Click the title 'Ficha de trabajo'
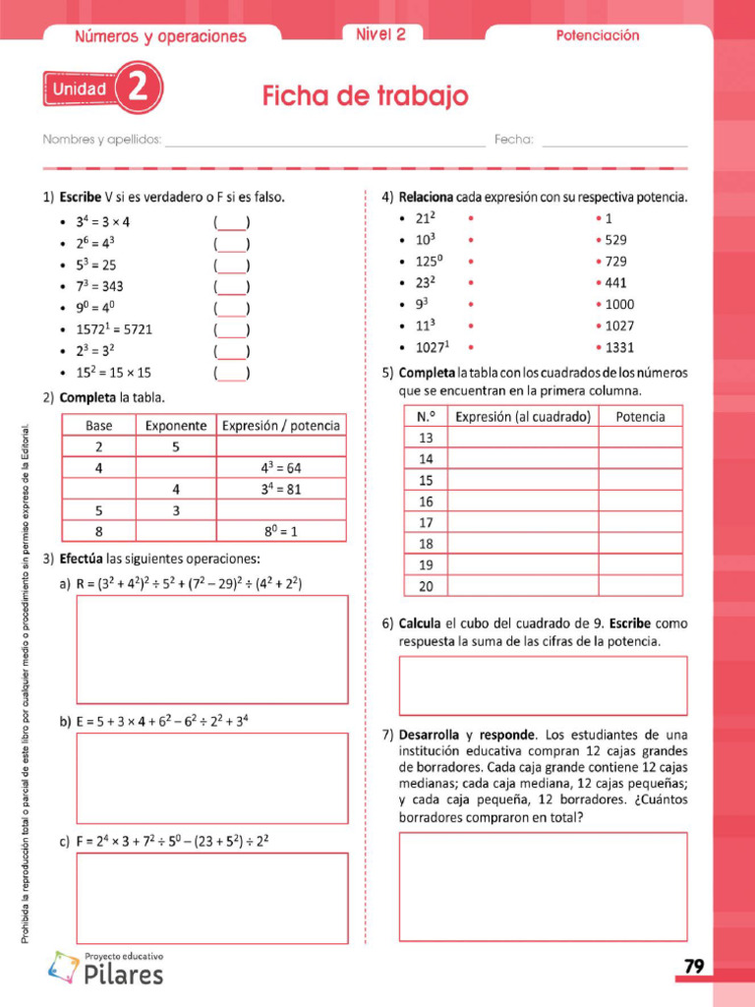[x=365, y=96]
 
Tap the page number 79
[x=694, y=967]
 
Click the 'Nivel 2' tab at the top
[x=380, y=34]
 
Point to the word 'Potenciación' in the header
[x=598, y=35]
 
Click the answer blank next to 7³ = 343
[x=231, y=286]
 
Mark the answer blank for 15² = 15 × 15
[x=231, y=373]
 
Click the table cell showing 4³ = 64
[x=281, y=468]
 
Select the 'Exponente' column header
[x=176, y=426]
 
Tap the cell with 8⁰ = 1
[x=281, y=531]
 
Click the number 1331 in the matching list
[x=619, y=347]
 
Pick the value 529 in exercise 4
[x=615, y=240]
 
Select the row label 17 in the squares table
[x=426, y=522]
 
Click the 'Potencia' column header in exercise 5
[x=640, y=416]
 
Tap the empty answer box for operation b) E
[x=211, y=778]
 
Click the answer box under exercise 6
[x=543, y=685]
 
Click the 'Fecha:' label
[x=513, y=140]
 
